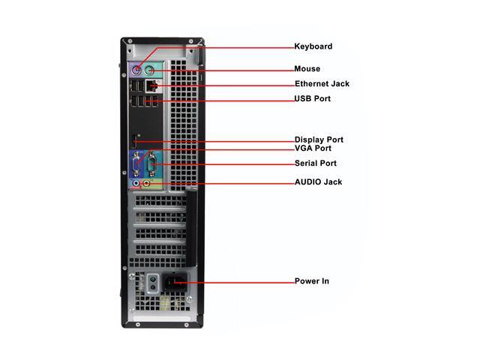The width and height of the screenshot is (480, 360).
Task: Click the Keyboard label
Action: point(313,46)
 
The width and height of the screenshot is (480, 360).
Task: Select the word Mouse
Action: point(307,69)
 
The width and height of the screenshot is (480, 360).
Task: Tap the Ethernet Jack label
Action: point(322,84)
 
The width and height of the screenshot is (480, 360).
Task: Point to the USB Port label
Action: point(312,99)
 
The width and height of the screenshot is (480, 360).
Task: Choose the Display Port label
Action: point(319,139)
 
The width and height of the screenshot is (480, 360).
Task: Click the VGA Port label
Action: point(313,148)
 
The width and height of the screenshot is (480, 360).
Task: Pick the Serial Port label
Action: point(315,163)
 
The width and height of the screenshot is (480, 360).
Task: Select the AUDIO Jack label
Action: point(318,182)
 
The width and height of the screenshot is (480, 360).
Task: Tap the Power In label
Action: point(311,281)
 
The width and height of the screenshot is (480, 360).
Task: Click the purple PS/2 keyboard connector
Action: point(136,71)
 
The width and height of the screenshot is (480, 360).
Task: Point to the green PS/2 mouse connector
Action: point(150,70)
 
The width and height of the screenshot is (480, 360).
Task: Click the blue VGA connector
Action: point(137,162)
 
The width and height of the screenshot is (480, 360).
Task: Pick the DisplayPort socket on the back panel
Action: point(135,141)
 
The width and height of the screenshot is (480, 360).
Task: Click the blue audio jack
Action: point(136,182)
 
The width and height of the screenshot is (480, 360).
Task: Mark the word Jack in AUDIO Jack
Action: point(332,182)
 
